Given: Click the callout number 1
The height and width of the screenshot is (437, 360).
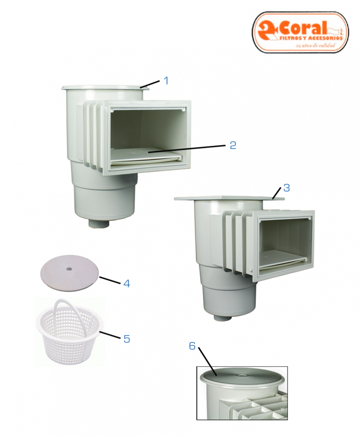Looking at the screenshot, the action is click(166, 81).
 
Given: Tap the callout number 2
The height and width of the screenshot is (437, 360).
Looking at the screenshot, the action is click(233, 145).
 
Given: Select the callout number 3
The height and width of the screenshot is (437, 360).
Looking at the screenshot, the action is click(287, 188).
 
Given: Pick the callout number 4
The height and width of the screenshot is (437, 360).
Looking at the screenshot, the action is click(127, 284).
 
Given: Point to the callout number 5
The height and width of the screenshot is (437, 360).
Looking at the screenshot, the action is click(127, 339).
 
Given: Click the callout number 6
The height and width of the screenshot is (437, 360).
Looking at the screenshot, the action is click(192, 346).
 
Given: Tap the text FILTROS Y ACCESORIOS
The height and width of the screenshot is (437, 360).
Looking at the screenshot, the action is click(311, 38).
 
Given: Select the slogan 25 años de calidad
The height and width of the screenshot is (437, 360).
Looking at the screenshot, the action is click(315, 45).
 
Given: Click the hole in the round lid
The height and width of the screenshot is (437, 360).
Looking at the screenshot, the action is click(69, 269).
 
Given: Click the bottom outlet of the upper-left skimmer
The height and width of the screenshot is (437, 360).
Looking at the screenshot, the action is click(100, 223).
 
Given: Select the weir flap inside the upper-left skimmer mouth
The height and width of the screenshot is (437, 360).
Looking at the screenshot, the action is click(145, 156).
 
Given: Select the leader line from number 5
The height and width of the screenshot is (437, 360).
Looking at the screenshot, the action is click(110, 335).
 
